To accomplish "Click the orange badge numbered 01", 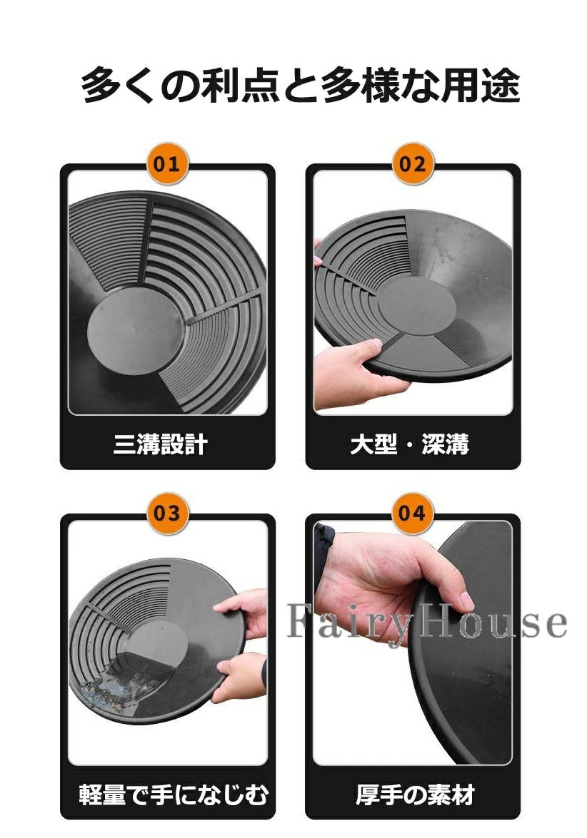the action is pos(166,163).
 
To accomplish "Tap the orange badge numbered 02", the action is pos(412,163).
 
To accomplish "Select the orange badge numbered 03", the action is pos(166,513).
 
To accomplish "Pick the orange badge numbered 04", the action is pos(412,513).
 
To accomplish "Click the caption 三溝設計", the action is pos(161,444).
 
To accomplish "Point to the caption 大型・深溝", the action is pos(410,444).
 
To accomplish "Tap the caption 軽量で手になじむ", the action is pos(173,794).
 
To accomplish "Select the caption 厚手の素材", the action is pos(415,794).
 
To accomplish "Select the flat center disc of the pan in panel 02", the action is pos(417,306).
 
